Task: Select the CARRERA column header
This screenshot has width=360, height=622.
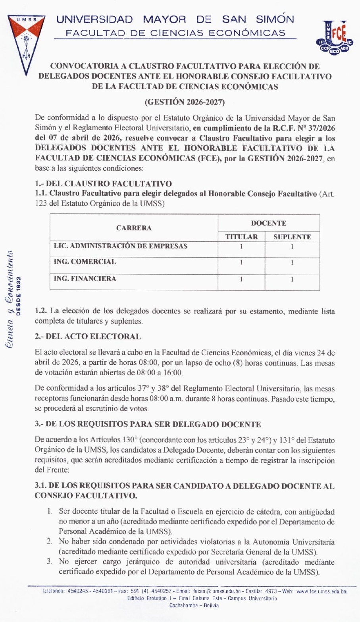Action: [134, 228]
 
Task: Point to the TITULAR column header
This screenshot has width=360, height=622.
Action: [241, 237]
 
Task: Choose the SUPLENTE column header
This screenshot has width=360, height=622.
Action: [292, 237]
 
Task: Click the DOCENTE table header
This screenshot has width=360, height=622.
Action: [269, 223]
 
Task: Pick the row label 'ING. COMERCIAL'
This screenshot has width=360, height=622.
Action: [85, 262]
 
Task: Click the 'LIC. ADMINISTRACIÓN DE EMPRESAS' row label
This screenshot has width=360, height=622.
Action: [121, 246]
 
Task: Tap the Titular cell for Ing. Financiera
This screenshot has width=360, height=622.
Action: [241, 279]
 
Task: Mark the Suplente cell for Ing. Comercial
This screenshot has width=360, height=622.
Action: [292, 262]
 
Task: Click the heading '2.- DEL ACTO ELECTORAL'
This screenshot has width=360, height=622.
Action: [88, 337]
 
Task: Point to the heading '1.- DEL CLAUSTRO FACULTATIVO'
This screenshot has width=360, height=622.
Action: [103, 184]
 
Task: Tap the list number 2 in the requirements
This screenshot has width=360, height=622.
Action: [49, 542]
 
